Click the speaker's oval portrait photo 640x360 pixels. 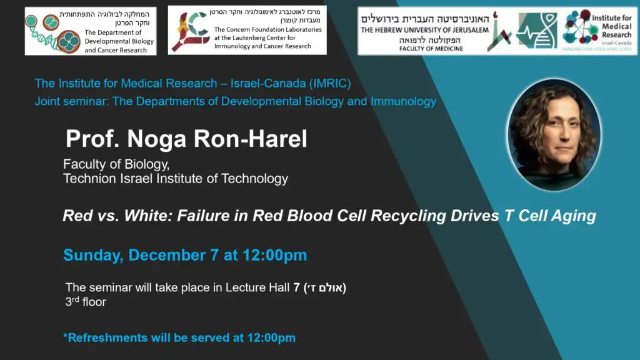554,135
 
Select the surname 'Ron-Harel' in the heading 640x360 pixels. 250,139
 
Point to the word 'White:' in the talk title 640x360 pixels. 148,216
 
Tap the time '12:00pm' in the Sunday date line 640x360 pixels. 275,255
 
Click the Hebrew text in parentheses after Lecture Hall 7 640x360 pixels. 325,287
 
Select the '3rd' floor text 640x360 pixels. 72,301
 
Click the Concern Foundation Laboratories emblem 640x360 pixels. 190,32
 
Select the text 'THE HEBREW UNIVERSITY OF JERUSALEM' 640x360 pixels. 424,30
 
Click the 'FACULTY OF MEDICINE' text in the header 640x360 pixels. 431,49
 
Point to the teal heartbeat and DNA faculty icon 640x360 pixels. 536,31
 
